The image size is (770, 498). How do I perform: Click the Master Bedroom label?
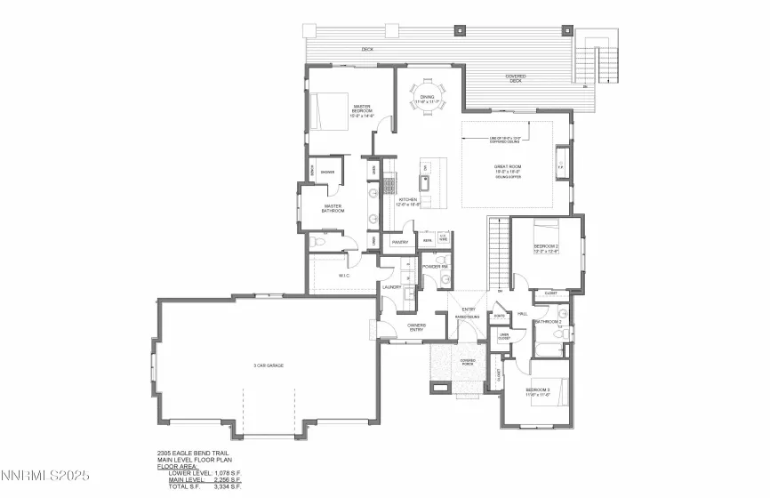click(361, 108)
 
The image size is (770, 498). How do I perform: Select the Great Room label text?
click(507, 169)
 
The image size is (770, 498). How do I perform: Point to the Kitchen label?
click(408, 201)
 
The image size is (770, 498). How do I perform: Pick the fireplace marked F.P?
click(561, 166)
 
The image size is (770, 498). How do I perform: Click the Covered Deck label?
click(516, 77)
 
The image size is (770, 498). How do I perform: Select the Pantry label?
click(399, 241)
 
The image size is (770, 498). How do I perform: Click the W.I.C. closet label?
click(344, 277)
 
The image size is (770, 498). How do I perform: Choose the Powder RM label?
click(434, 267)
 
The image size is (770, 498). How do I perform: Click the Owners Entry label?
click(416, 326)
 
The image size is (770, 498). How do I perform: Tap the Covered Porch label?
click(468, 362)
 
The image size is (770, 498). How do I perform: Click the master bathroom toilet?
click(321, 241)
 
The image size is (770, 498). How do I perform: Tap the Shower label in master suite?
click(327, 172)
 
